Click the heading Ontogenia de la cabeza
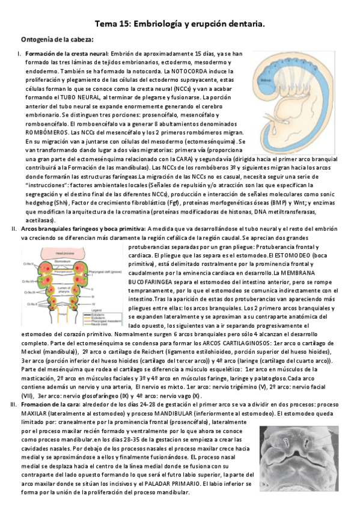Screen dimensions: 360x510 coord(57,40)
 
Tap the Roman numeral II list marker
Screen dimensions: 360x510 coord(14,229)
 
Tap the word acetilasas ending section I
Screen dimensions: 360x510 coord(40,221)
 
